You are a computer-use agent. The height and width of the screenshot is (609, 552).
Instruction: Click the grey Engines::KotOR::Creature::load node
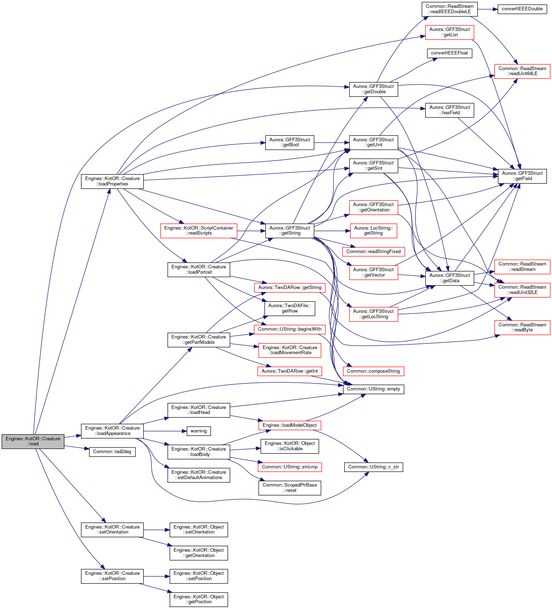33,441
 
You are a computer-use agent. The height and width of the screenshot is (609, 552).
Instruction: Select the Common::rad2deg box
112,452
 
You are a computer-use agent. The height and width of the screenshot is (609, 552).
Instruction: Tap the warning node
198,431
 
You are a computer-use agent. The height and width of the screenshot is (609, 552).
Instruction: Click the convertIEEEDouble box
522,9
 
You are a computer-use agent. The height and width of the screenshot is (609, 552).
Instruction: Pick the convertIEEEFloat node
450,53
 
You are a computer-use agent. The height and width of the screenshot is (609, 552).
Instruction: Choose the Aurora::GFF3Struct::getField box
522,176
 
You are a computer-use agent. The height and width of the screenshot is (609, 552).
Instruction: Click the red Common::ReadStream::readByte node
522,327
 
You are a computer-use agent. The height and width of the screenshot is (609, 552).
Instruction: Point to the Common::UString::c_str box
373,467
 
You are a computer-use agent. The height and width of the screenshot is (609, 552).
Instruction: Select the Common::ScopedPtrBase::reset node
290,488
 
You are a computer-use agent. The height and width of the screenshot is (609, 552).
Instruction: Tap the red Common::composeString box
373,371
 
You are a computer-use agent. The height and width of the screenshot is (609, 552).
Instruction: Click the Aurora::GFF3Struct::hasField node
450,110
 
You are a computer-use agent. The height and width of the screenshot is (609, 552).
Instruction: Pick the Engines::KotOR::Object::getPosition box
199,599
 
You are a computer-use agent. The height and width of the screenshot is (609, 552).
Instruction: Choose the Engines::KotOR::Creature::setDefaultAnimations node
199,475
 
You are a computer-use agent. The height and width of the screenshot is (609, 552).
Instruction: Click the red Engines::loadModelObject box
290,425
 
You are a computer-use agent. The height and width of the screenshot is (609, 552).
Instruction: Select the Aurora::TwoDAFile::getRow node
290,309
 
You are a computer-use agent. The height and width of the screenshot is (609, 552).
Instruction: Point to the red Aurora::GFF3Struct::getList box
450,32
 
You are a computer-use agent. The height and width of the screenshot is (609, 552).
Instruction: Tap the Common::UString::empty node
373,389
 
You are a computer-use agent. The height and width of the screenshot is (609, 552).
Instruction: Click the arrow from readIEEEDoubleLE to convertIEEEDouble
487,9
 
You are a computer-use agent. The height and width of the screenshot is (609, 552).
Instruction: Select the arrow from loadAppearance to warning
165,431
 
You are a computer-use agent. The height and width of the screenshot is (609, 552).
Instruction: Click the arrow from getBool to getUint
331,143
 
